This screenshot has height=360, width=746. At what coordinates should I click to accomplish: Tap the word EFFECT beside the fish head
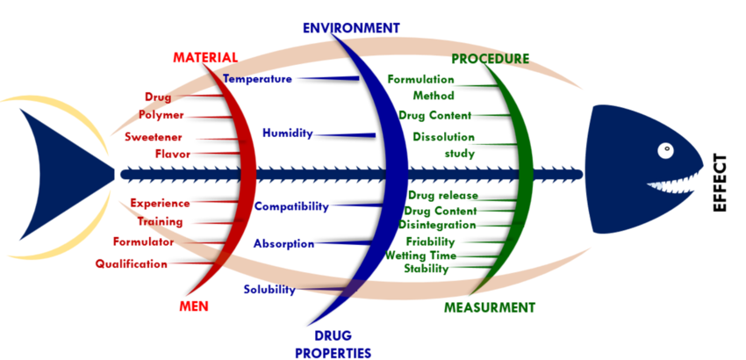(721, 183)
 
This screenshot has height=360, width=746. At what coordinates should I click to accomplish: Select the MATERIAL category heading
(205, 57)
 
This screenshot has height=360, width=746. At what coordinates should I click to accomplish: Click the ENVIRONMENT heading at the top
(351, 27)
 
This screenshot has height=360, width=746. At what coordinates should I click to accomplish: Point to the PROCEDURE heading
(490, 59)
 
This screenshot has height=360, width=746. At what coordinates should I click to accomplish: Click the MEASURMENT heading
(489, 307)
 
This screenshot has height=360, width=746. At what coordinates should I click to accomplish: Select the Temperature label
(257, 79)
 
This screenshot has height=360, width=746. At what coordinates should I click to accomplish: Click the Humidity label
(287, 133)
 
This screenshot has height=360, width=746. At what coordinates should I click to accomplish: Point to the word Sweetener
(153, 137)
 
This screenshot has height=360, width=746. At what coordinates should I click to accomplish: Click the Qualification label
(131, 263)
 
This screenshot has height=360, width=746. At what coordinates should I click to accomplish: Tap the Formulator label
(143, 241)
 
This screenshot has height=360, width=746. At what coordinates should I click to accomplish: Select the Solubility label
(269, 289)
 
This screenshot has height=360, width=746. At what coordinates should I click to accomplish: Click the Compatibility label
(291, 206)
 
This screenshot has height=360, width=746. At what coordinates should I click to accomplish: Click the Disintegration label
(437, 225)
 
